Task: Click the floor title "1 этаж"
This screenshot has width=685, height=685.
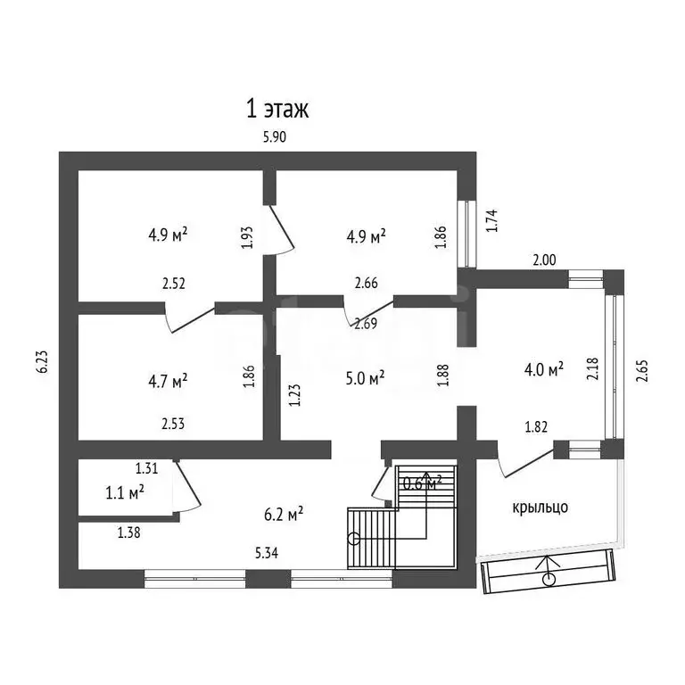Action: [x=277, y=109]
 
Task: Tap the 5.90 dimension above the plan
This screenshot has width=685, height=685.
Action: [x=275, y=137]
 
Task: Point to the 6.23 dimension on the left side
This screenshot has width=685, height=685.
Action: [x=43, y=362]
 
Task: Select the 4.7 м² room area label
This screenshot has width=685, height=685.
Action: [x=169, y=381]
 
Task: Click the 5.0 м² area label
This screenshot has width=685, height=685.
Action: [x=365, y=377]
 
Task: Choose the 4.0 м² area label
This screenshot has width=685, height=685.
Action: [x=544, y=369]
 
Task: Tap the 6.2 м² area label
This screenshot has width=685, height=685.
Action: [x=284, y=514]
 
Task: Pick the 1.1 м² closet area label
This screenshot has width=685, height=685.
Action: [x=125, y=492]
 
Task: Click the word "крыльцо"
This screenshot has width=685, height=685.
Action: [x=540, y=508]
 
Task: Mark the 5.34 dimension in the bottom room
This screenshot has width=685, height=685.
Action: [x=267, y=554]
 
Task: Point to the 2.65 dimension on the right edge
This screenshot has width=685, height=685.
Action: [x=642, y=371]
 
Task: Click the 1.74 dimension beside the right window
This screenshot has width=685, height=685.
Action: [x=492, y=220]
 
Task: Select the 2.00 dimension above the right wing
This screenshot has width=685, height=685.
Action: [x=544, y=260]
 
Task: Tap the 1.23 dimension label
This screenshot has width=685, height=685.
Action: [x=295, y=395]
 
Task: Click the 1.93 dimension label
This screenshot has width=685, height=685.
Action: [x=247, y=237]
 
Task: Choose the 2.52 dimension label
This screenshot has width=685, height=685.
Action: [x=174, y=284]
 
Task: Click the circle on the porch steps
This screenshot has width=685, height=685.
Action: [x=549, y=580]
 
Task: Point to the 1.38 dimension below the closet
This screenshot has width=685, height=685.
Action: [x=128, y=532]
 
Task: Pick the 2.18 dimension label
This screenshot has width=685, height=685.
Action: [x=593, y=368]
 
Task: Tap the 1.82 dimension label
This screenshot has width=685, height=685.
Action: [x=536, y=427]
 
